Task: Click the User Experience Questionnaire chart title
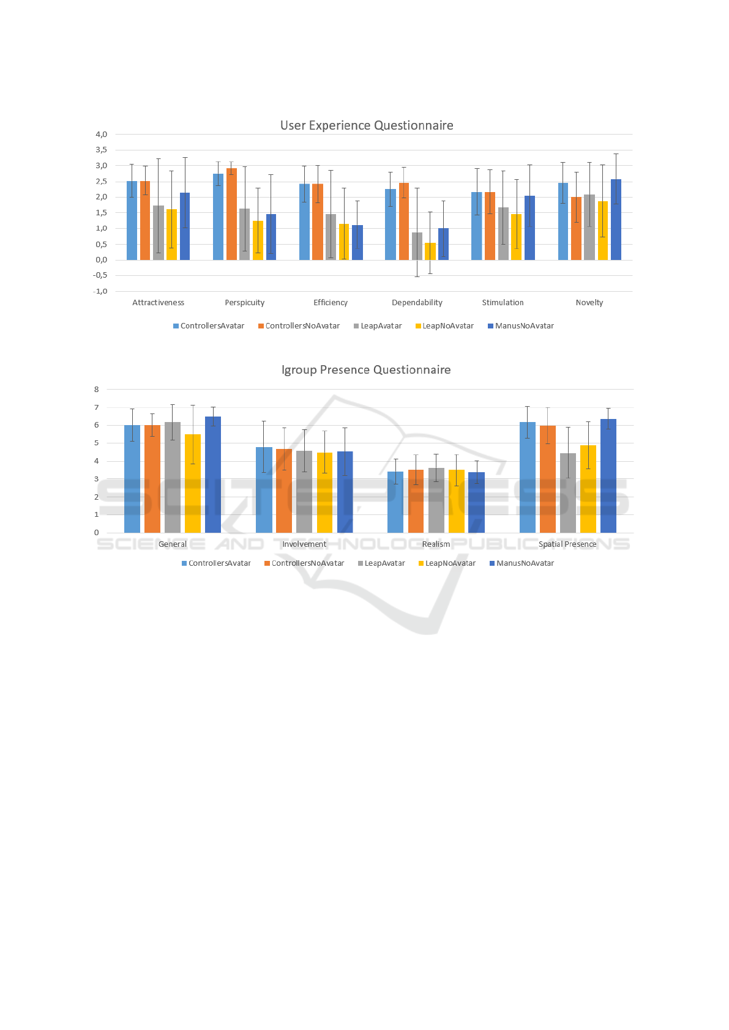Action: tap(367, 125)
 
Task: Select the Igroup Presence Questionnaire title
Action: tap(366, 370)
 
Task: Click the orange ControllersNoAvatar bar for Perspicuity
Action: tap(231, 214)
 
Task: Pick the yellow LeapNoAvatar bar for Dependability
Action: tap(430, 251)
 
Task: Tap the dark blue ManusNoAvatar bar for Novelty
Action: tap(616, 220)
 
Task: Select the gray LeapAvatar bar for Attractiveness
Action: tap(159, 232)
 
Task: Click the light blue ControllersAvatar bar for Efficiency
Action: tap(304, 221)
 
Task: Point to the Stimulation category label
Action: tap(503, 303)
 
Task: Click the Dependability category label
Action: tap(417, 303)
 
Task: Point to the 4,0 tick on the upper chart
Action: tap(101, 135)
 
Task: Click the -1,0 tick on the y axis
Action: tap(100, 291)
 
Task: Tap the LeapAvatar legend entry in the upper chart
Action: tap(378, 326)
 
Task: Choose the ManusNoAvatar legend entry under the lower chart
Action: tap(522, 563)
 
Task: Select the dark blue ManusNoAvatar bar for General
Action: tap(213, 475)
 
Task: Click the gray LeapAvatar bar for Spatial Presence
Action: tap(568, 493)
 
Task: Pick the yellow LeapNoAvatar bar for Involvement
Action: tap(324, 492)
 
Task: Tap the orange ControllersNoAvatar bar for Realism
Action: tap(416, 501)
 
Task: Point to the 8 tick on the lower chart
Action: tap(96, 390)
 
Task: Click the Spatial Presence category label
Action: tap(567, 544)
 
